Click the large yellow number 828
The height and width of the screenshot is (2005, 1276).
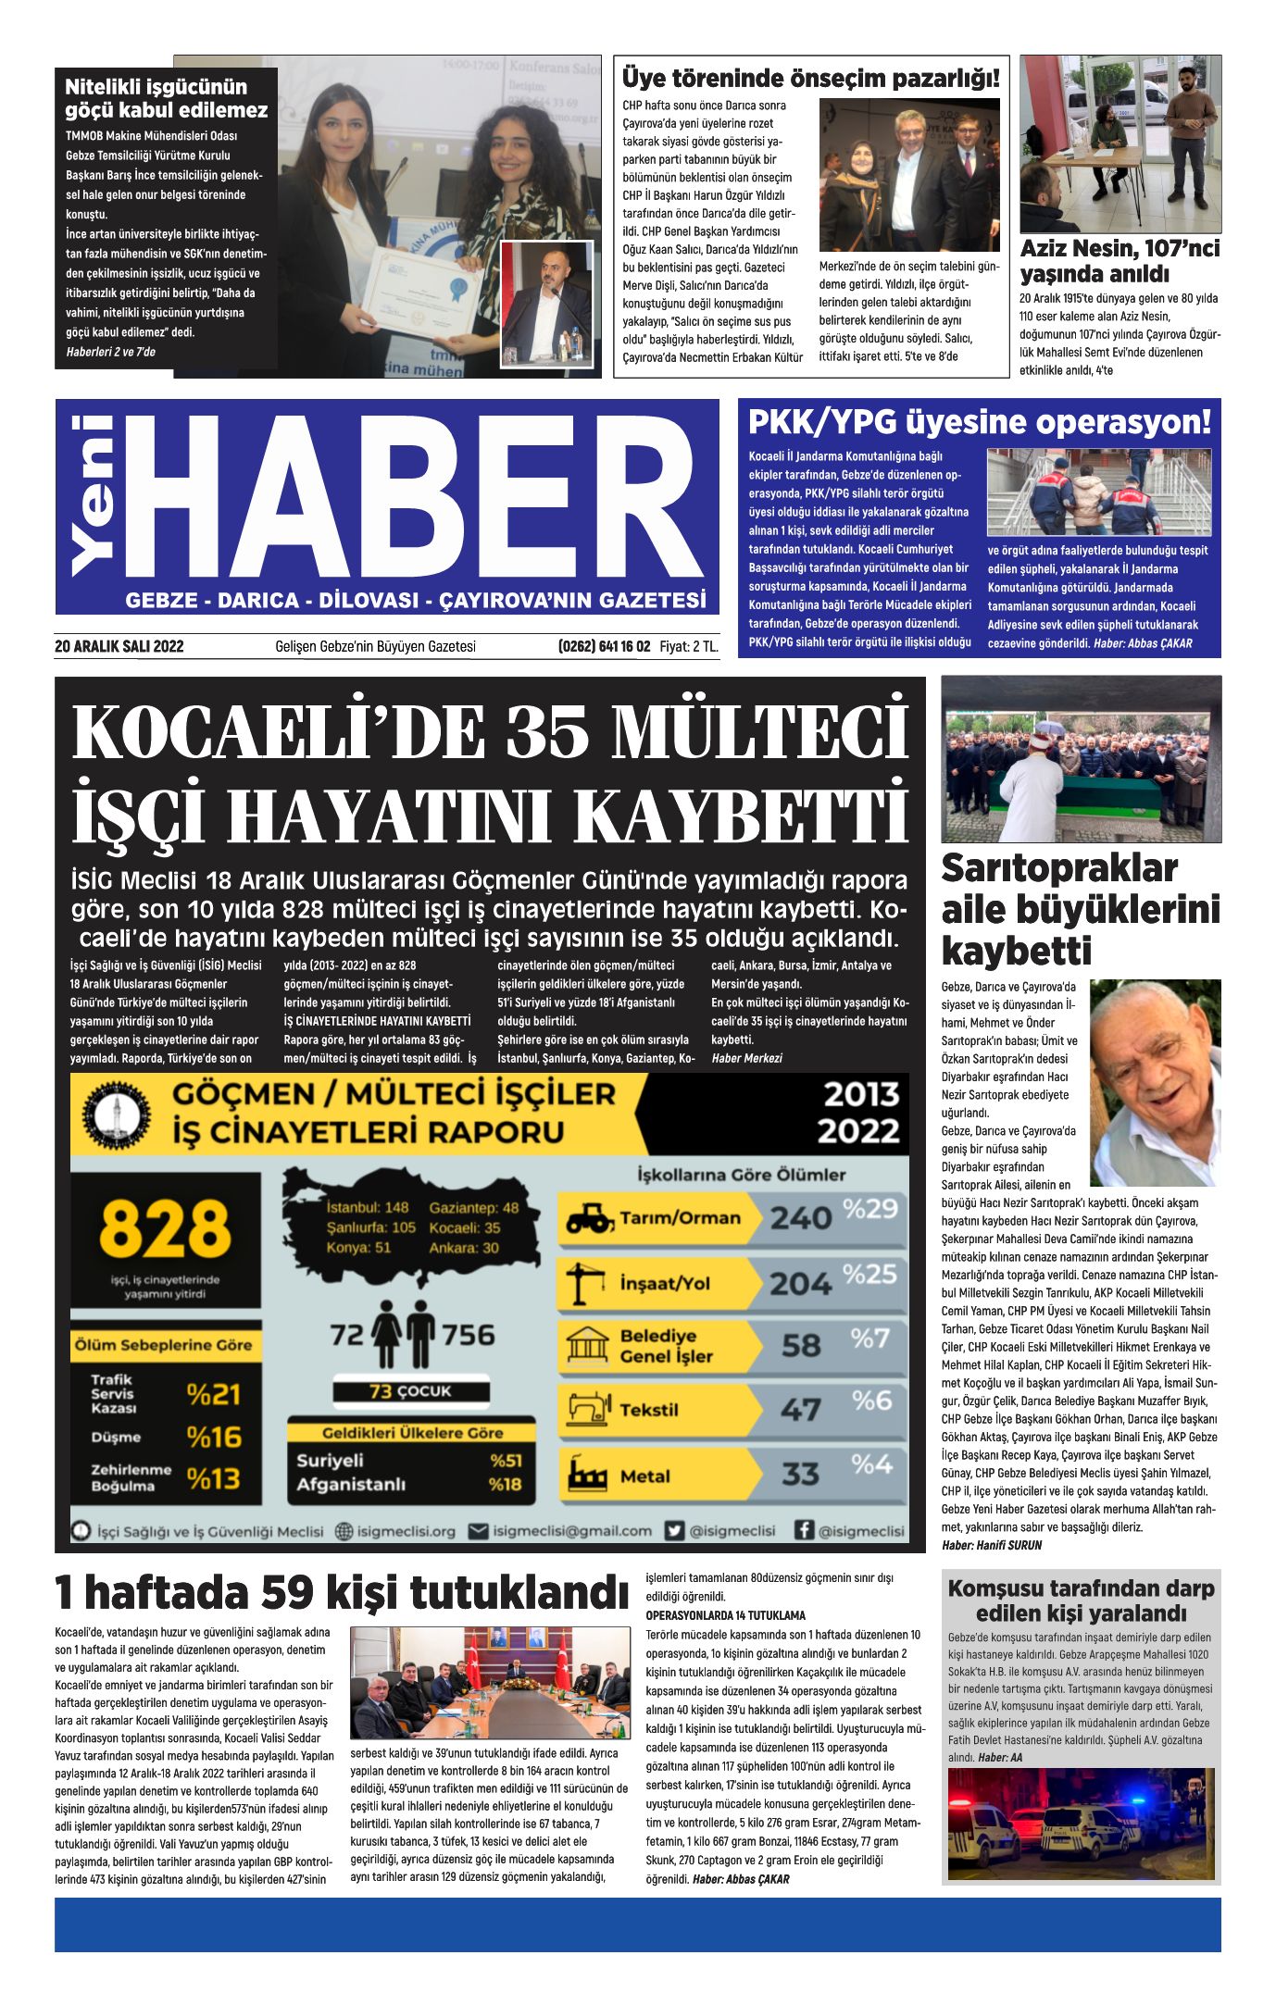coord(165,1228)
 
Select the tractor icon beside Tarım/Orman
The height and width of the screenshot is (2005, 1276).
coord(589,1218)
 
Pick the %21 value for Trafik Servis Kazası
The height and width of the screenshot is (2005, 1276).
coord(213,1394)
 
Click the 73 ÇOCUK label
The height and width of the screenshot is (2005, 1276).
coord(410,1391)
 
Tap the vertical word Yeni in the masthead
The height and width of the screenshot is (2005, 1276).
coord(94,496)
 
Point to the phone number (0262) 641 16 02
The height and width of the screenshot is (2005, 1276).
coord(604,646)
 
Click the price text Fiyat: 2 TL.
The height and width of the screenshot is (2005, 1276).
coord(689,646)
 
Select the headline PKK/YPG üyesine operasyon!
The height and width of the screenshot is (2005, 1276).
coord(979,422)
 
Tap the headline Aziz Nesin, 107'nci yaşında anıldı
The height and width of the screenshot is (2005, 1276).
coord(1120,261)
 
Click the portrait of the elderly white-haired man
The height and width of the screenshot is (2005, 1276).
coord(1154,1083)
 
